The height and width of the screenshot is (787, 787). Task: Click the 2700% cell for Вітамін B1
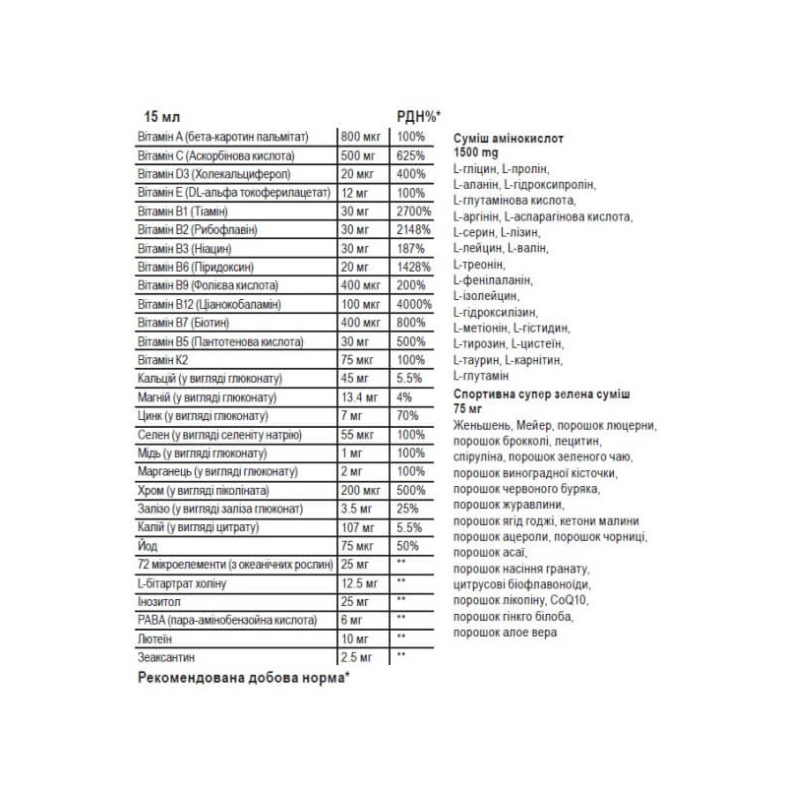(x=414, y=212)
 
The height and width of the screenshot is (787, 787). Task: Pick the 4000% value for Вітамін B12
(x=414, y=304)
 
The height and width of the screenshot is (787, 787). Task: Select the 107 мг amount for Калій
(x=356, y=527)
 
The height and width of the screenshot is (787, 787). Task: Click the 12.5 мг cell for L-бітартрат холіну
(x=358, y=583)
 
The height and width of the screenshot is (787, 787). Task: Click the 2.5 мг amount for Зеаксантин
(x=356, y=656)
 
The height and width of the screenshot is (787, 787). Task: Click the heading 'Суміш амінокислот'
(x=512, y=141)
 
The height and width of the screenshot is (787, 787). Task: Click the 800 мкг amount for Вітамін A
(x=359, y=137)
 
